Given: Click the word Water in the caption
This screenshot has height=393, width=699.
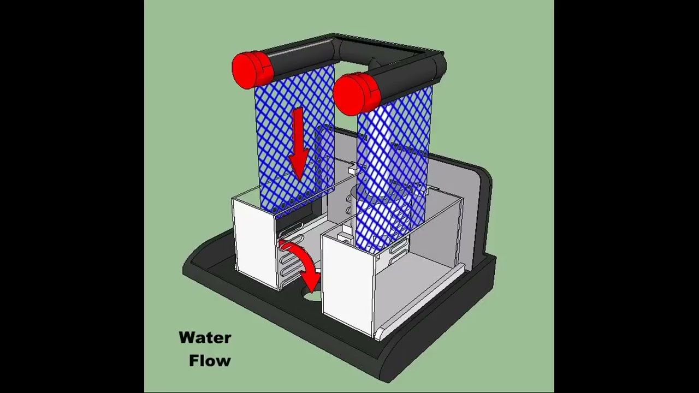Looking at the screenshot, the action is tap(205, 338).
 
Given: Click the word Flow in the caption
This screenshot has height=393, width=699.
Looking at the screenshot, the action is tap(210, 361).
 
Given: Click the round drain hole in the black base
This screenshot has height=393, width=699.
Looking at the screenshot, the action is tap(312, 295).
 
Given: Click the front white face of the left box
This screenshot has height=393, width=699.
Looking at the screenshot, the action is tap(254, 243).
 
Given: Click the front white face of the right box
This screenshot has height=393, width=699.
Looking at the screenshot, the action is tap(347, 287).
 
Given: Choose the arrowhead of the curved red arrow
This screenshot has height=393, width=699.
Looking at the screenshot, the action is tap(311, 282).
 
